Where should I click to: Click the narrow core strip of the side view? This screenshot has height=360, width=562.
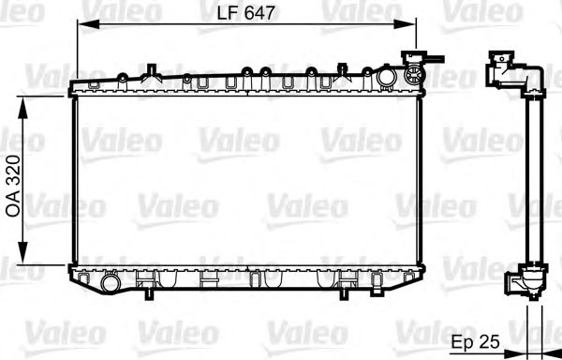(x=534, y=178)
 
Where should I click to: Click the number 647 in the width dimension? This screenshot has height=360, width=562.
(x=259, y=12)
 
